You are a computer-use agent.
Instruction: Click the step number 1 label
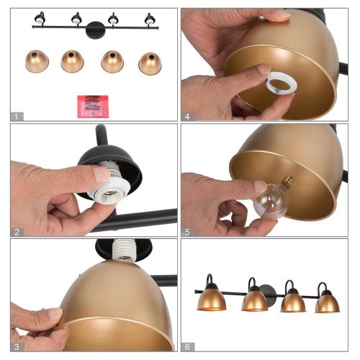click(17, 115)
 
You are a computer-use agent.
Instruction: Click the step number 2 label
click(17, 232)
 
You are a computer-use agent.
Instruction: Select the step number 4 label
click(188, 115)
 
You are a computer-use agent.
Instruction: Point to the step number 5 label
click(188, 232)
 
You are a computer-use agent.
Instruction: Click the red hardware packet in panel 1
click(92, 105)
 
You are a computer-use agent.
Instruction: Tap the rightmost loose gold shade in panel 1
click(150, 62)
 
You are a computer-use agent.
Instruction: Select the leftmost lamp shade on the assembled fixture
click(212, 300)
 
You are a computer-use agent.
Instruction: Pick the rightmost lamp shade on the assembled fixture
click(327, 302)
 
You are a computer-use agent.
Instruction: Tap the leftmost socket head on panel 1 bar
click(40, 19)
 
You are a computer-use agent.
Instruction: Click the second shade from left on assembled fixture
click(255, 300)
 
